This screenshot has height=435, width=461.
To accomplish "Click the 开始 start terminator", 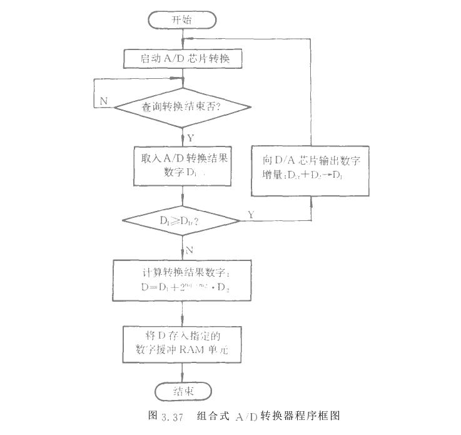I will (x=182, y=20).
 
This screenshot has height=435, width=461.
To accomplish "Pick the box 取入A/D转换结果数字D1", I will (x=182, y=165).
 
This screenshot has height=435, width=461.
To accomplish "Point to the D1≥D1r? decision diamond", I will (x=182, y=220).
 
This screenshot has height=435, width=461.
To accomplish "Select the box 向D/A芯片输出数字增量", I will (x=311, y=165).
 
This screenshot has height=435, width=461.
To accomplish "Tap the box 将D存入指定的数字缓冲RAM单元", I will (x=182, y=342).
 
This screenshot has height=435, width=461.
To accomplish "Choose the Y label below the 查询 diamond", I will (x=191, y=136).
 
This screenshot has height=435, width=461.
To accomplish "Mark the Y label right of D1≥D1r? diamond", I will (x=251, y=215).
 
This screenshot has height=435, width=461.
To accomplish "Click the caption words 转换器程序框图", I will (x=301, y=415).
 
